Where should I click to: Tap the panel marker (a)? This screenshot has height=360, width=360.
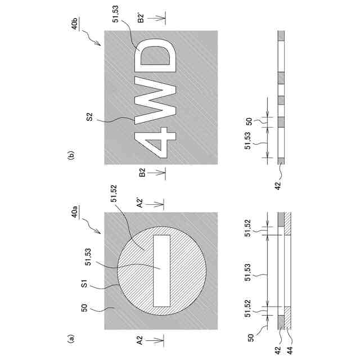pyautogui.click(x=71, y=338)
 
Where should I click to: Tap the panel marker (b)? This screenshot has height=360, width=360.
pyautogui.click(x=71, y=155)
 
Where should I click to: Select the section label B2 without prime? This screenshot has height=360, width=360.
pyautogui.click(x=142, y=173)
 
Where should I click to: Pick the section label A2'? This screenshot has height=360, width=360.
pyautogui.click(x=139, y=203)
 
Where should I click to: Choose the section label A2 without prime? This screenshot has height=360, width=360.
pyautogui.click(x=139, y=340)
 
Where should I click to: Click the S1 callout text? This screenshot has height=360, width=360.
pyautogui.click(x=84, y=283)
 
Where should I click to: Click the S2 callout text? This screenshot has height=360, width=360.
pyautogui.click(x=89, y=116)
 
